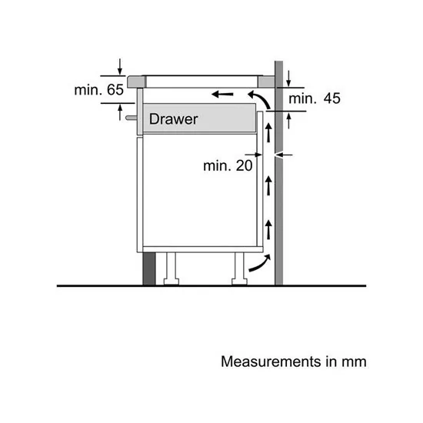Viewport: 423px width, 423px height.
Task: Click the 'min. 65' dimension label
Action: (x=99, y=91)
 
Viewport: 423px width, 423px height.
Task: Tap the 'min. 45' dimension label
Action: (x=315, y=98)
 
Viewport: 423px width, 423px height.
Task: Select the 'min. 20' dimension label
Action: (x=228, y=165)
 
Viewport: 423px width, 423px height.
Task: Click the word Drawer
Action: (x=173, y=119)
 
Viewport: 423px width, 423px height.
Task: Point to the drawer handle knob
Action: (x=131, y=119)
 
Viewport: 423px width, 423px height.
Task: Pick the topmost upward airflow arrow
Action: (x=268, y=132)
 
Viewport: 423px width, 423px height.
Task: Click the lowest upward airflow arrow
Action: (x=268, y=229)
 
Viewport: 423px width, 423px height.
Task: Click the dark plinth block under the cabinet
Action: (x=148, y=266)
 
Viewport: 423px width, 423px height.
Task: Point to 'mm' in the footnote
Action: (x=356, y=360)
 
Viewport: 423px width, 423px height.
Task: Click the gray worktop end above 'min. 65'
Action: (x=136, y=79)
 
